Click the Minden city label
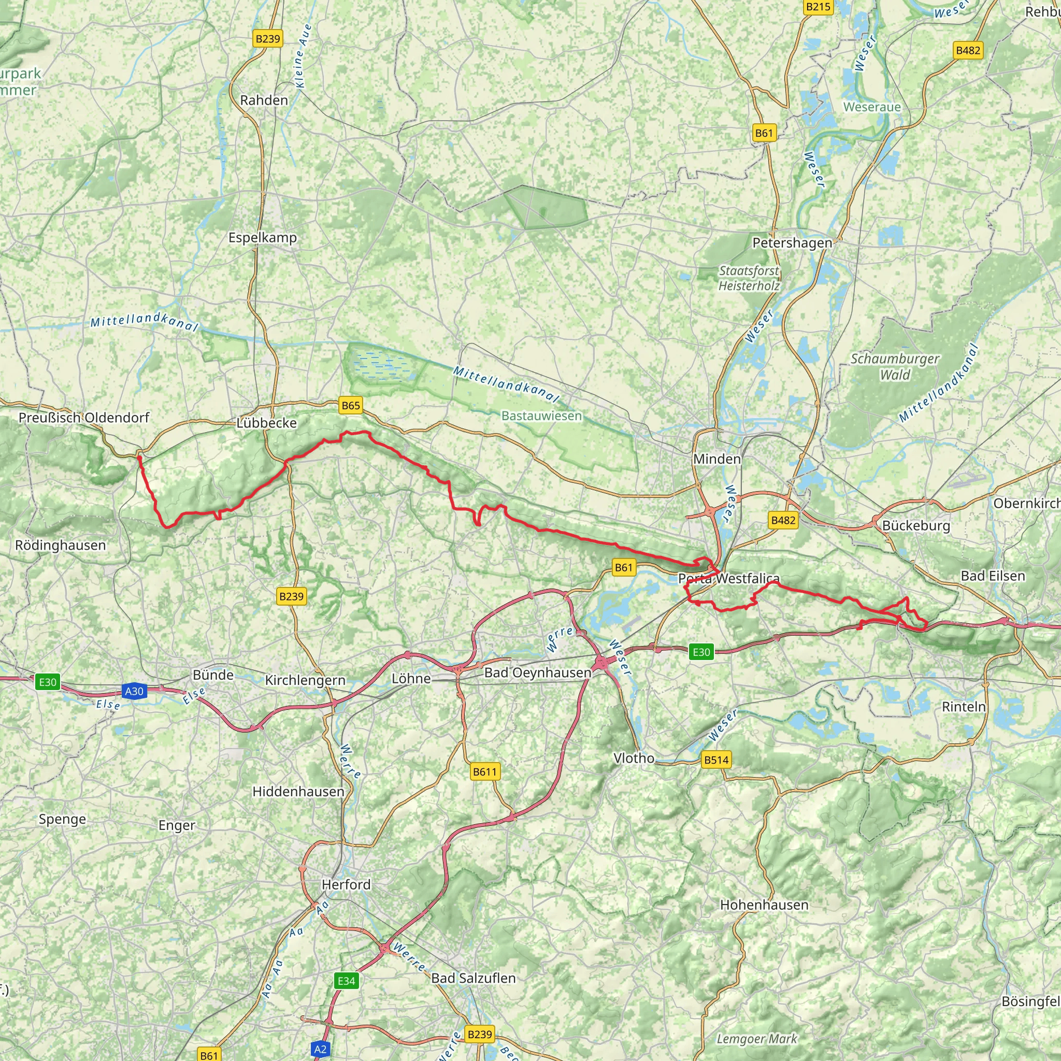716,458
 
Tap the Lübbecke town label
266,423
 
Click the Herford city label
346,884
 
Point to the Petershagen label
792,243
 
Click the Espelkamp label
263,238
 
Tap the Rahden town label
264,100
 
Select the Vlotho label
634,758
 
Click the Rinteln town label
963,707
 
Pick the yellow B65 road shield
350,405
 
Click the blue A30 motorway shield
134,691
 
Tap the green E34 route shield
346,981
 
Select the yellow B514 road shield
716,760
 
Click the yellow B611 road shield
484,771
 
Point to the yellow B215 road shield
818,7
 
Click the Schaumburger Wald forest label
895,366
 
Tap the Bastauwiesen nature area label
541,415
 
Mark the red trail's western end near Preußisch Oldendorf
139,457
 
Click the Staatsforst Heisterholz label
749,278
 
